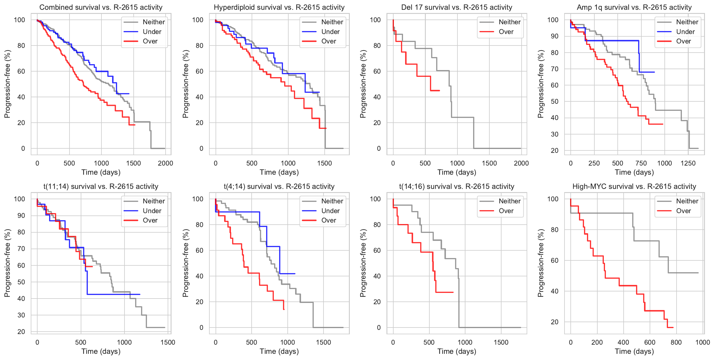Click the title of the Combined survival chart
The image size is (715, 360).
pos(101,7)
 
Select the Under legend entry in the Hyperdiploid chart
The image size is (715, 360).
pos(330,32)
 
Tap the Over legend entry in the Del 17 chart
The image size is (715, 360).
pos(506,32)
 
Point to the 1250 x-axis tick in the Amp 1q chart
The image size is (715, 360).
pos(688,163)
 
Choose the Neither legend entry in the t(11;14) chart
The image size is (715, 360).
pos(153,201)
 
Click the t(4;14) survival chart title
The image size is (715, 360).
pos(279,187)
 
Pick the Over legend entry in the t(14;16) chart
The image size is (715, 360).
pos(506,211)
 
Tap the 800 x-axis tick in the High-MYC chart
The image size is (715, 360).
pos(676,342)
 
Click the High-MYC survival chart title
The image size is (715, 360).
pos(634,187)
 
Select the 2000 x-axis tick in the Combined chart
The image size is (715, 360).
pos(165,163)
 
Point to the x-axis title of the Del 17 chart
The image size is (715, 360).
pos(457,172)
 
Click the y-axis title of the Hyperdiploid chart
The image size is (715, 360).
pos(185,84)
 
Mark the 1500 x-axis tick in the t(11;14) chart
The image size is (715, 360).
pos(168,342)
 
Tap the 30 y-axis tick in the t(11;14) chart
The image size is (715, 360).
pos(21,315)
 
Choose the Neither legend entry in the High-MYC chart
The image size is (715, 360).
pos(687,201)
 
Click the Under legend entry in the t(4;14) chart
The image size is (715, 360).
pos(330,211)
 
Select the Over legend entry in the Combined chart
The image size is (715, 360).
pos(150,41)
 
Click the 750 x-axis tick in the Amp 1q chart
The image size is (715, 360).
pos(641,163)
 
